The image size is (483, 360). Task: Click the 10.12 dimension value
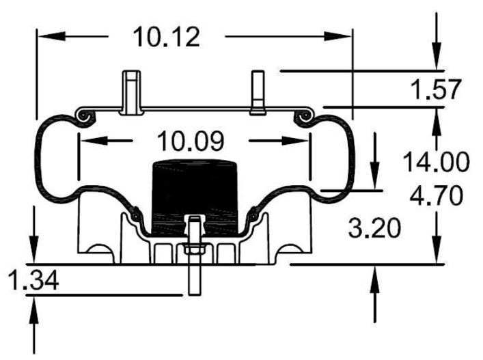click(167, 37)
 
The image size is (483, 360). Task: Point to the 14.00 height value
click(435, 163)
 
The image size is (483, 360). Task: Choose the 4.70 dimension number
click(435, 196)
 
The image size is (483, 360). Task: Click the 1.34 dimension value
click(29, 280)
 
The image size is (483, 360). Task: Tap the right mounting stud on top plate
click(258, 92)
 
